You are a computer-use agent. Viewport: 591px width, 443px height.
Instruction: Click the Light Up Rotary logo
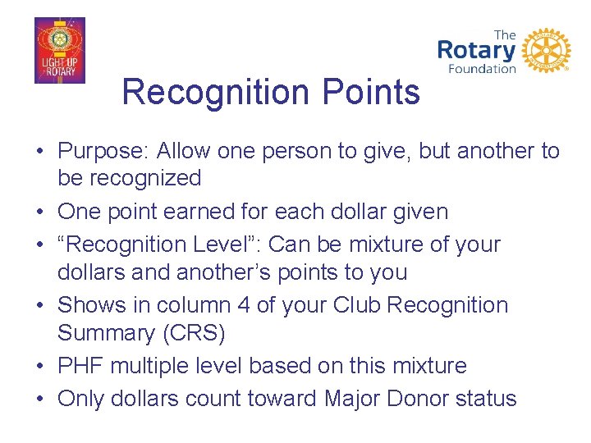[x=59, y=50]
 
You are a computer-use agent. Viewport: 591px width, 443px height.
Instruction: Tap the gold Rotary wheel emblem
[x=546, y=51]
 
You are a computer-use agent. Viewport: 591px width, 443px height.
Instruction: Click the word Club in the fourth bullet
[x=357, y=305]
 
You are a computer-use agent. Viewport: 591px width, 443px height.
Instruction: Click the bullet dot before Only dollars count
[x=41, y=400]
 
